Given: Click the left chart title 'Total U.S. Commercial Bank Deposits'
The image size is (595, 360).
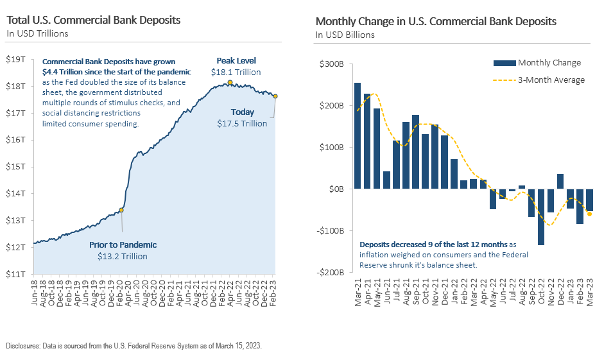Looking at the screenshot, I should [x=93, y=21].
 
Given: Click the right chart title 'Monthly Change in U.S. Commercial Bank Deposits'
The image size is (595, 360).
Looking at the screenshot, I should [x=435, y=21].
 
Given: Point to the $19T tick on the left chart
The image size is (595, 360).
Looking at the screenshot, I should [x=15, y=59].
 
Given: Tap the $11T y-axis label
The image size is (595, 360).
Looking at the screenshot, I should [x=15, y=274].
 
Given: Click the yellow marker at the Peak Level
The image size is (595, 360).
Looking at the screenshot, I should [x=230, y=82].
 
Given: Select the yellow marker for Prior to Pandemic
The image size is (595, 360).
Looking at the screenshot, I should [x=121, y=210].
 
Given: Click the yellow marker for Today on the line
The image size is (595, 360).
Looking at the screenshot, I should [x=275, y=96].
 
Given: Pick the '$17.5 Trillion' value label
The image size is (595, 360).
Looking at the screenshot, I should [x=242, y=123].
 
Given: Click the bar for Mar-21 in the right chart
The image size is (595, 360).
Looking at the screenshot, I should [x=358, y=136].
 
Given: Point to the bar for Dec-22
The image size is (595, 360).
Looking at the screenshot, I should [x=560, y=182].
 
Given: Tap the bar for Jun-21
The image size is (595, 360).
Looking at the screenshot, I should [x=386, y=180].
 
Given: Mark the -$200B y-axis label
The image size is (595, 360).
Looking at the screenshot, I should [x=329, y=272].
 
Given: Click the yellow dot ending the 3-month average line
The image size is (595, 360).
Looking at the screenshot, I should [x=589, y=214].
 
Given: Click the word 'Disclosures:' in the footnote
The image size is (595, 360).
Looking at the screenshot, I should [x=24, y=346].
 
